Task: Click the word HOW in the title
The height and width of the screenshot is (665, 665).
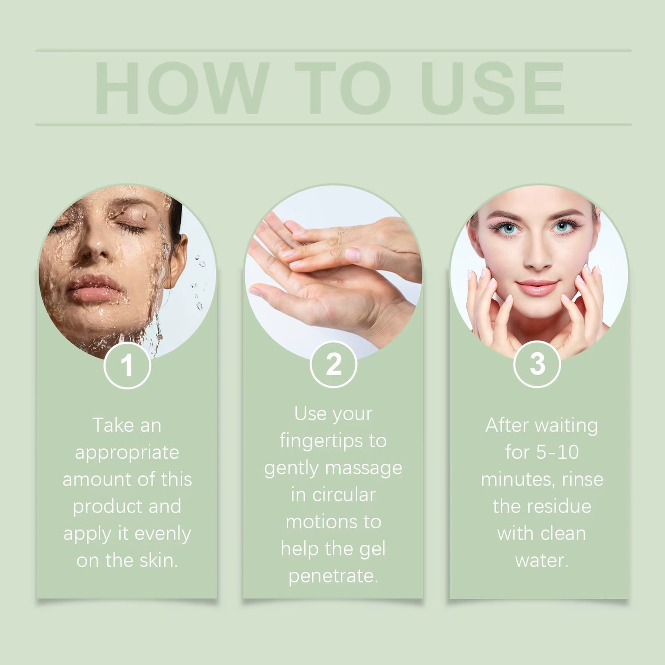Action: [181, 88]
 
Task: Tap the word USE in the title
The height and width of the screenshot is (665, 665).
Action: [492, 88]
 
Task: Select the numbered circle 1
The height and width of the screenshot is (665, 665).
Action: [127, 365]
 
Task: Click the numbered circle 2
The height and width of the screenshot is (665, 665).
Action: [333, 364]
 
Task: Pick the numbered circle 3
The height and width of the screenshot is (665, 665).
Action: [537, 364]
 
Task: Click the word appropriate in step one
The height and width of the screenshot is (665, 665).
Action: [127, 453]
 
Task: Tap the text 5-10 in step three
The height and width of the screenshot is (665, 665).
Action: [557, 452]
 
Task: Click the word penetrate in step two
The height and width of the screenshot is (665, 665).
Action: [333, 576]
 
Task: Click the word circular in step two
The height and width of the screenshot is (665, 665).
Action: [344, 495]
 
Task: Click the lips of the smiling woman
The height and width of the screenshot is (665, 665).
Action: [537, 287]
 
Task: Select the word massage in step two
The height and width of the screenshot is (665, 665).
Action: [364, 468]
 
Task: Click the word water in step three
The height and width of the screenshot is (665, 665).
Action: [542, 561]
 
